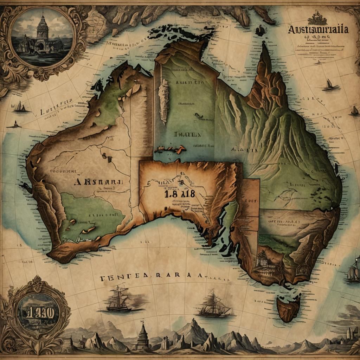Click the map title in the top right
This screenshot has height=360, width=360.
coord(318,30)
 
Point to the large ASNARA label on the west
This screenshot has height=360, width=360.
coord(99,182)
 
